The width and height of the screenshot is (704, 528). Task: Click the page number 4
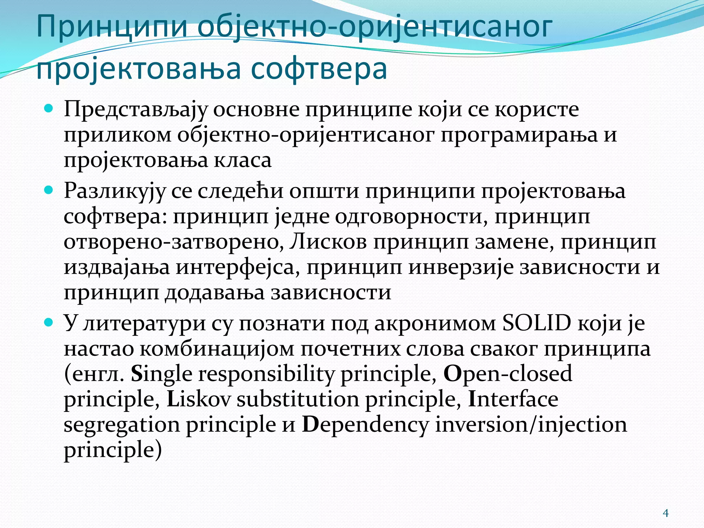pyautogui.click(x=665, y=513)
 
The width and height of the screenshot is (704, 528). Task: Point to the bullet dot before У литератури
pyautogui.click(x=49, y=322)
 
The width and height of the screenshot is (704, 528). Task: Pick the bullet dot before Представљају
pyautogui.click(x=49, y=109)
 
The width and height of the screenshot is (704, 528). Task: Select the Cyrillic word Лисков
pyautogui.click(x=328, y=242)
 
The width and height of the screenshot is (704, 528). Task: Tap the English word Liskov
pyautogui.click(x=198, y=399)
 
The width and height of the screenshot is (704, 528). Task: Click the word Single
pyautogui.click(x=161, y=374)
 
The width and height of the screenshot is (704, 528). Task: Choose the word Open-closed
pyautogui.click(x=508, y=374)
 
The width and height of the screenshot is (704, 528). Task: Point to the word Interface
pyautogui.click(x=513, y=399)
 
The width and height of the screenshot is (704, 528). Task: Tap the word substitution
pyautogui.click(x=298, y=399)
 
